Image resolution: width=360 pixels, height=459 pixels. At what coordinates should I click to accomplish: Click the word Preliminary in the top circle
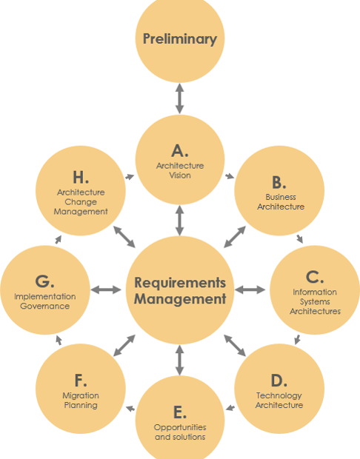[180, 39]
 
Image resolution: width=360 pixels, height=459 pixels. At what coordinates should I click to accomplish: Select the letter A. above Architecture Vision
[180, 151]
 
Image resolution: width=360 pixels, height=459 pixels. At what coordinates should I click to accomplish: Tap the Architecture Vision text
[180, 170]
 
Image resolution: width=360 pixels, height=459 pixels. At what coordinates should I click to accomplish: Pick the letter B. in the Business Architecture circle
[279, 182]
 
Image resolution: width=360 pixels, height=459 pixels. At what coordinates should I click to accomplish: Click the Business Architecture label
[281, 202]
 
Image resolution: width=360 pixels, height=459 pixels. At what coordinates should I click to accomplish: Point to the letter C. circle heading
[315, 277]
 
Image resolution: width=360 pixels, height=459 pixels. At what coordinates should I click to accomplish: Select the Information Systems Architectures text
[315, 301]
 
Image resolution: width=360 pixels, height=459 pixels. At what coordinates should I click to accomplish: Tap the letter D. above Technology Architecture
[279, 381]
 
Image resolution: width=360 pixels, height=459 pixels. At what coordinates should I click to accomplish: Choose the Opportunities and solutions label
[180, 432]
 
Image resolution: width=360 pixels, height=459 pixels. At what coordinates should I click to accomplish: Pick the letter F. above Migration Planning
[81, 381]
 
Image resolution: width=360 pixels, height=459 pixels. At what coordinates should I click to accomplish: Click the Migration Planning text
[81, 401]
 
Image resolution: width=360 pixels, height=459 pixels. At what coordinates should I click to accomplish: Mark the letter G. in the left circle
[44, 281]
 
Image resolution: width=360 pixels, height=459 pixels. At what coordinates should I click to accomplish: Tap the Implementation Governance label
[44, 301]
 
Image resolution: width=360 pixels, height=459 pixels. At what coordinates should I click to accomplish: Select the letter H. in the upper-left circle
[81, 177]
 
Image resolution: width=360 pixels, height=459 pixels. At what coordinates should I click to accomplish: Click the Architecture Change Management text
[81, 201]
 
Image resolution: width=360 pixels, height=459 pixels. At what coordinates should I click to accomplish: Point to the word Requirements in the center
[180, 283]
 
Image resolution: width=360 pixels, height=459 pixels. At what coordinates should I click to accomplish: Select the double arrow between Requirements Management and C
[250, 289]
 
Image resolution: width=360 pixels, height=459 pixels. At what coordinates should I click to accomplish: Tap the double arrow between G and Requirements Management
[105, 289]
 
